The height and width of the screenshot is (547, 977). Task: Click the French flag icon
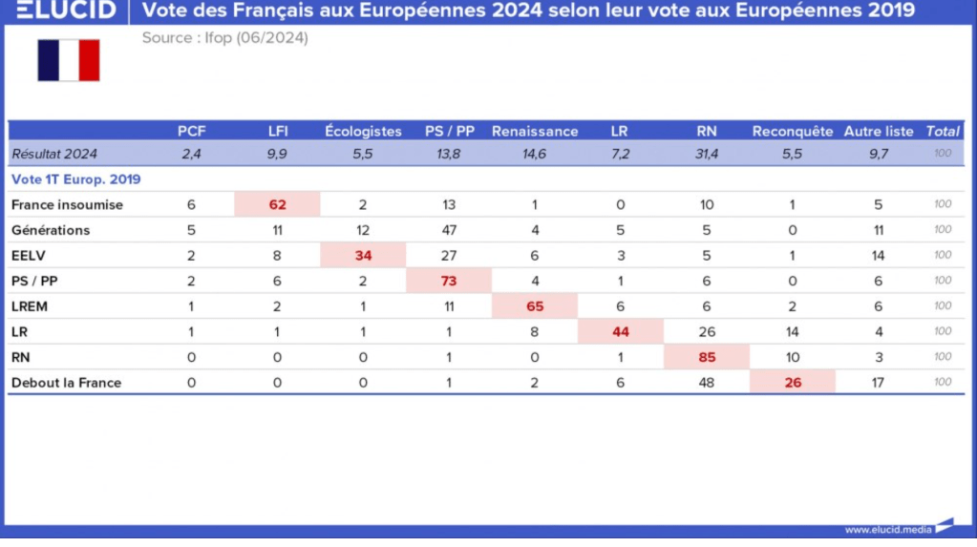pyautogui.click(x=69, y=60)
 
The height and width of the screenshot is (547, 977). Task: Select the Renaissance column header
pyautogui.click(x=535, y=132)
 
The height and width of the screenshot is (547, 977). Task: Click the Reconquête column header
pyautogui.click(x=793, y=132)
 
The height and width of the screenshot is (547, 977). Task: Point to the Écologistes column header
pyautogui.click(x=363, y=132)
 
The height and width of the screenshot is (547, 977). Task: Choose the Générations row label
pyautogui.click(x=51, y=230)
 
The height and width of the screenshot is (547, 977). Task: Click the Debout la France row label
pyautogui.click(x=66, y=383)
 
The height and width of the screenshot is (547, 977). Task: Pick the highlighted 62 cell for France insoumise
pyautogui.click(x=278, y=204)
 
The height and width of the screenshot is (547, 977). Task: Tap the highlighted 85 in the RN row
pyautogui.click(x=707, y=357)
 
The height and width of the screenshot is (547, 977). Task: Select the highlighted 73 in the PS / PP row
pyautogui.click(x=449, y=281)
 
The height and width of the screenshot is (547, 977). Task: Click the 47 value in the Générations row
pyautogui.click(x=449, y=230)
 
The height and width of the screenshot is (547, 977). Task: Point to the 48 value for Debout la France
pyautogui.click(x=707, y=383)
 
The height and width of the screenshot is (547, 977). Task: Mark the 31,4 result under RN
pyautogui.click(x=707, y=154)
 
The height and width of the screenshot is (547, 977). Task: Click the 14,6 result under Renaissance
pyautogui.click(x=535, y=154)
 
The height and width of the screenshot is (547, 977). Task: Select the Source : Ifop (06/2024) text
pyautogui.click(x=225, y=38)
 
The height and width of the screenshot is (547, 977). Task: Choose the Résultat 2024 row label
pyautogui.click(x=54, y=154)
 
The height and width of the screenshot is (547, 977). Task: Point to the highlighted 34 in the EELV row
pyautogui.click(x=363, y=255)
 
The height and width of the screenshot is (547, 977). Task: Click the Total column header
pyautogui.click(x=943, y=132)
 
